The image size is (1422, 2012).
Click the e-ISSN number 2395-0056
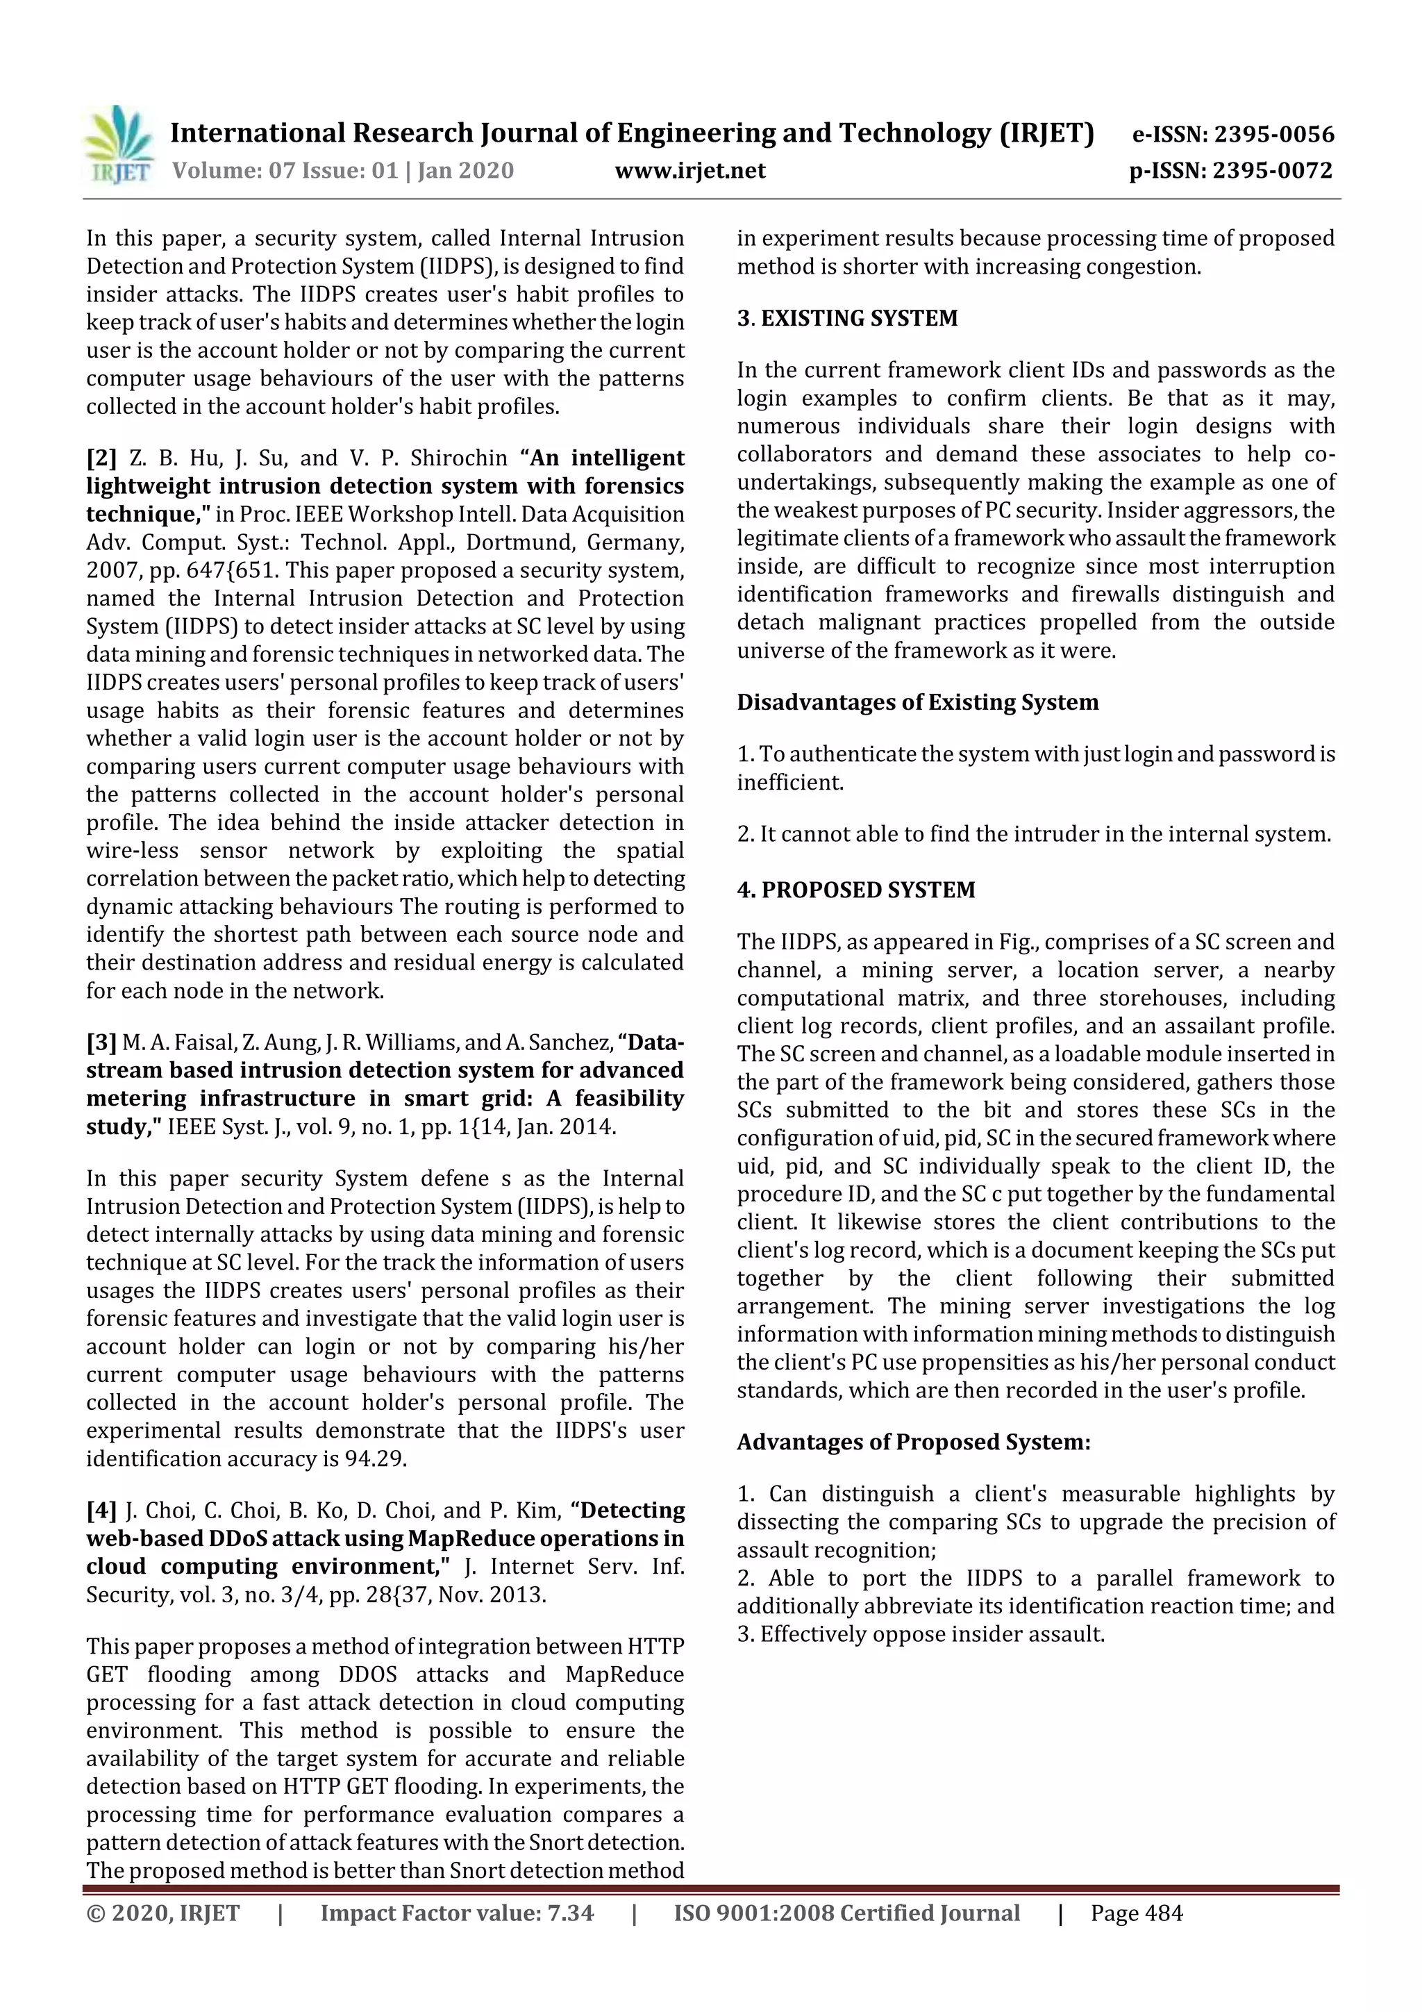1232,134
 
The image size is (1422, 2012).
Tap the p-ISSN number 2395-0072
1230,170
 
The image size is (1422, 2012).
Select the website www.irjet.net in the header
689,170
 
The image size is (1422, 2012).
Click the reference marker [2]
101,458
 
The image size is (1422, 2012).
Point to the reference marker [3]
101,1042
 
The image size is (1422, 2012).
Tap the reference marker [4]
101,1511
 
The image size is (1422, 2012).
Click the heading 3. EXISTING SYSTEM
847,318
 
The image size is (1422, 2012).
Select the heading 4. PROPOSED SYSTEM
855,890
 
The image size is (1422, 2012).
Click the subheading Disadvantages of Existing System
917,703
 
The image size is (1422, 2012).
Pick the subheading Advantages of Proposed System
913,1443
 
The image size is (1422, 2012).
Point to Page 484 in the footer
1137,1913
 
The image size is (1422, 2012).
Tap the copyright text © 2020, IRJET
163,1913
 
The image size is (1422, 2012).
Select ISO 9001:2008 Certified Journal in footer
846,1913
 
